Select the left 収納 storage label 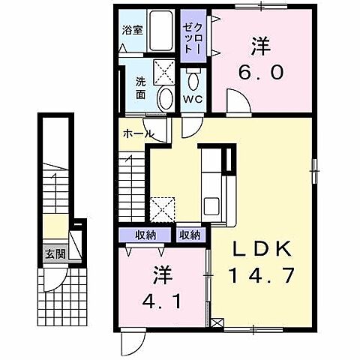pos(145,235)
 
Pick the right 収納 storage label pos(190,235)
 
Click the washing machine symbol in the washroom pos(164,71)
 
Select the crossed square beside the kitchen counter pos(163,208)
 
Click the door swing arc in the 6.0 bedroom pos(233,100)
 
